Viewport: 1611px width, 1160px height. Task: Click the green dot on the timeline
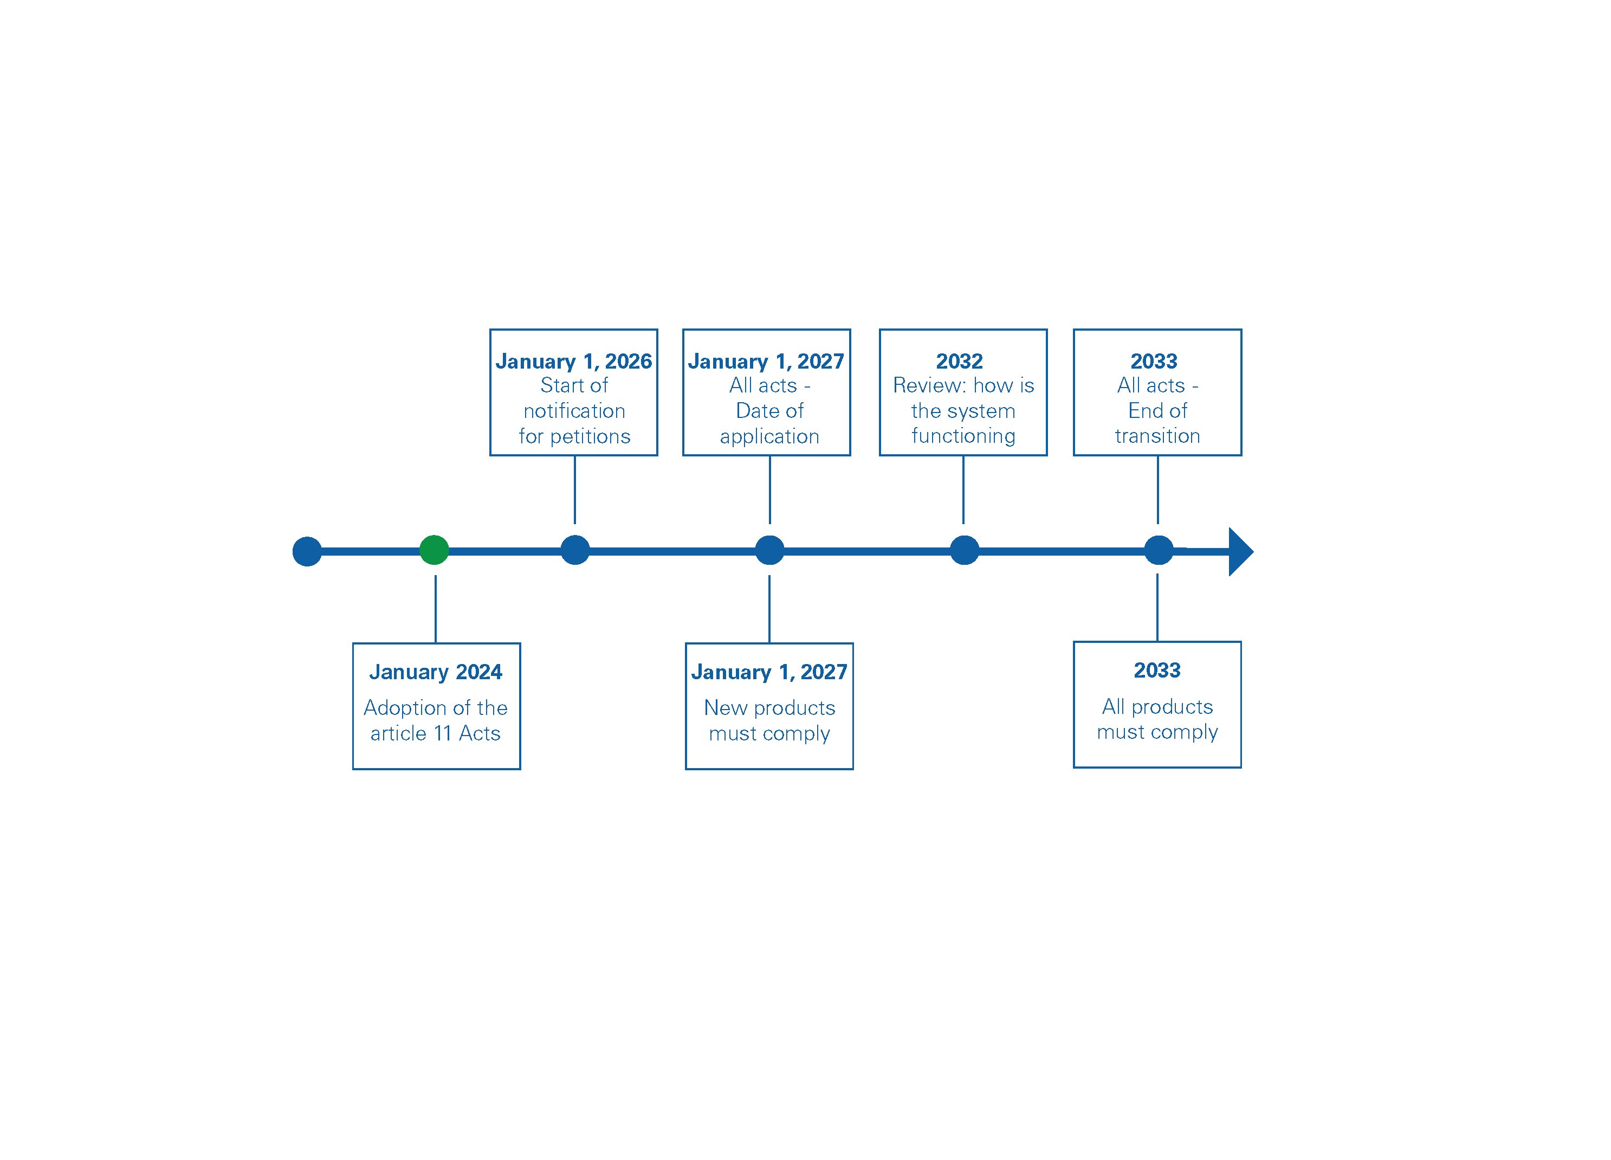click(434, 550)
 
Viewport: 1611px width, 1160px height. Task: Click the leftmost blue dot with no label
click(307, 551)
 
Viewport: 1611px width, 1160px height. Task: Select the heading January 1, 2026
click(573, 362)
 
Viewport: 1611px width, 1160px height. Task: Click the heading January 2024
click(436, 672)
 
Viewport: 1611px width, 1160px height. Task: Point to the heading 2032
click(959, 362)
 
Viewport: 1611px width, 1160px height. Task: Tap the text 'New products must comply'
click(769, 720)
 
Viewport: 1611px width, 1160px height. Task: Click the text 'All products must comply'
click(1157, 719)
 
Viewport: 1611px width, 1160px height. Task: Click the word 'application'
click(769, 436)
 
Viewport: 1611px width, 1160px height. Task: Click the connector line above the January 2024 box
click(436, 609)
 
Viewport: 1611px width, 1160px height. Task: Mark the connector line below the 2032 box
click(963, 489)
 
